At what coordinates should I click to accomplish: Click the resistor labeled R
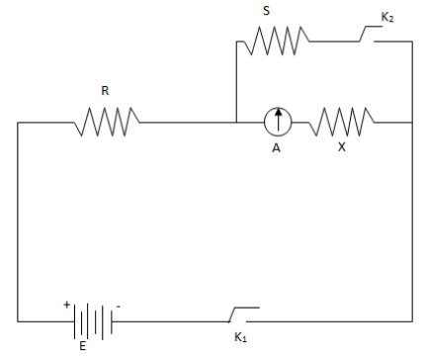click(107, 123)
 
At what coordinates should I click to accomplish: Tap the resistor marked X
click(342, 123)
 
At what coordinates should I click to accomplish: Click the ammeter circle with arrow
click(279, 123)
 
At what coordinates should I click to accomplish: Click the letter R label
click(105, 91)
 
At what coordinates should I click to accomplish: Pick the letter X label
click(342, 146)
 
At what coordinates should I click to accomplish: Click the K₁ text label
click(240, 337)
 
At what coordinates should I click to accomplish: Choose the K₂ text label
click(387, 17)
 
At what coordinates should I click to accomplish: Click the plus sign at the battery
click(67, 305)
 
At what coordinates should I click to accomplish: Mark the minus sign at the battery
click(118, 306)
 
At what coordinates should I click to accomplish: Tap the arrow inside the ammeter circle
click(279, 121)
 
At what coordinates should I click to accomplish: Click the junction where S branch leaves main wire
click(235, 123)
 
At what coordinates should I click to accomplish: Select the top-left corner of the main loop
click(17, 123)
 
